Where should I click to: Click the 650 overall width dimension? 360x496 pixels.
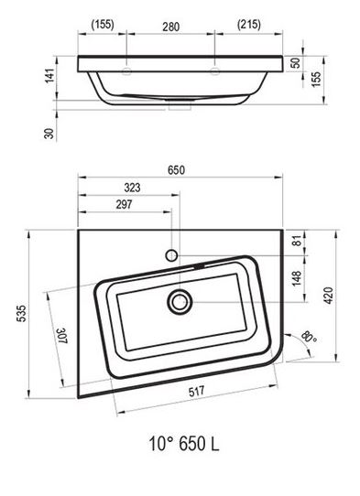click(x=176, y=170)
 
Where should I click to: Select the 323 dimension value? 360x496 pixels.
click(x=132, y=188)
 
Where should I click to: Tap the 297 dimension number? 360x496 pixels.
click(x=124, y=204)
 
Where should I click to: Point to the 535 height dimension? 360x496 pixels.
click(x=22, y=313)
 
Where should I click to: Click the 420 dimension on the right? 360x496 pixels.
click(x=328, y=296)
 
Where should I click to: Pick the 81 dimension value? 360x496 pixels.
click(x=297, y=241)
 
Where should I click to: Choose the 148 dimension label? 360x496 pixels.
click(x=297, y=278)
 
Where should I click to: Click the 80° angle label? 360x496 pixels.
click(x=309, y=337)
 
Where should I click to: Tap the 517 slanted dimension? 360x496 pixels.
click(x=197, y=392)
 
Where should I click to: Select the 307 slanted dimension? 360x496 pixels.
click(x=62, y=336)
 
